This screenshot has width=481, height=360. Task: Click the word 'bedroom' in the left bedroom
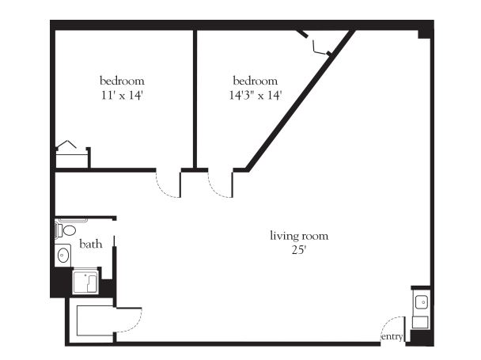tap(122, 81)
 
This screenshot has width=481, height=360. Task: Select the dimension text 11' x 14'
tap(122, 95)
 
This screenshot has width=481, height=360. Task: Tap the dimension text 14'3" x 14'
tap(256, 95)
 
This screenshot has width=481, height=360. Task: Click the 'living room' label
tap(299, 236)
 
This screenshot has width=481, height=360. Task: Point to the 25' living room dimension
tap(299, 250)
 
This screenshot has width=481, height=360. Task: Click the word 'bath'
tap(90, 244)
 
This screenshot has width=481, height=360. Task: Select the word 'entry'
tap(392, 336)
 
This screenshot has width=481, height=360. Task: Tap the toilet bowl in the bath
tap(70, 230)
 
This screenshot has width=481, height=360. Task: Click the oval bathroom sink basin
tap(63, 256)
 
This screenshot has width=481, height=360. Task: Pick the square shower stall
tap(85, 282)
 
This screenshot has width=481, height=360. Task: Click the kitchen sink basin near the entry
tap(422, 302)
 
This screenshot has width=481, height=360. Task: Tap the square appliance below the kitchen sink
tap(420, 323)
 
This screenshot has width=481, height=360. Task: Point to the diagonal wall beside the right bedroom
tap(301, 100)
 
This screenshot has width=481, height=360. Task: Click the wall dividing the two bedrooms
tap(195, 99)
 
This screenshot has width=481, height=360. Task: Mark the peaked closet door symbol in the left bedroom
tap(66, 144)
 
